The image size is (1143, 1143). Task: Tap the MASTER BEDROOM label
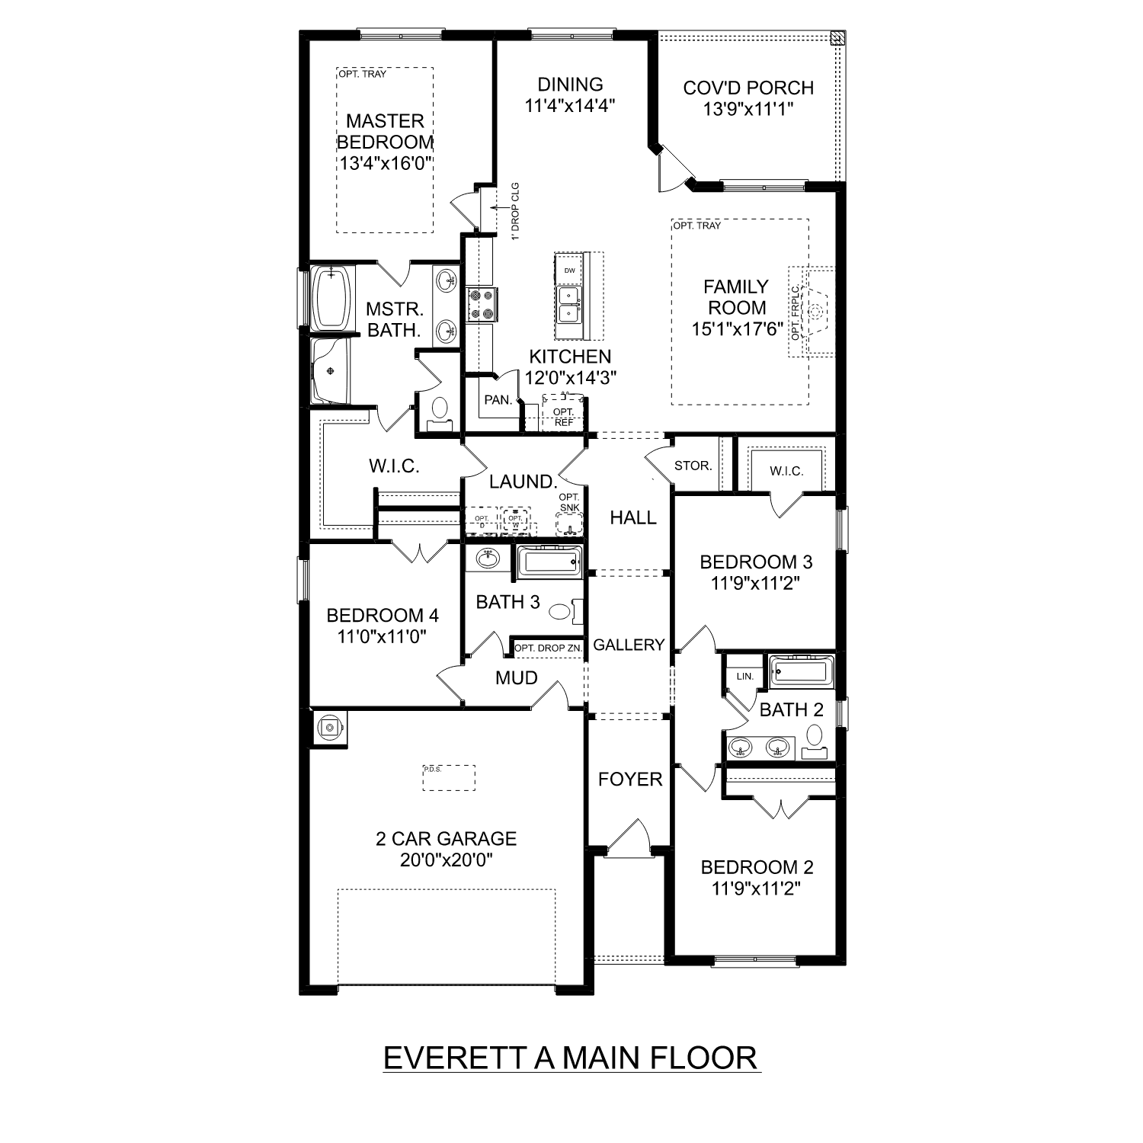(x=385, y=131)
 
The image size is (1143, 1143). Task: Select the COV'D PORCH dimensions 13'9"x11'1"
(x=748, y=109)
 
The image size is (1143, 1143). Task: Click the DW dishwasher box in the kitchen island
(x=568, y=271)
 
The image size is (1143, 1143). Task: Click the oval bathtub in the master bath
(x=331, y=298)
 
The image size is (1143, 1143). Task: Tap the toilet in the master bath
(x=439, y=411)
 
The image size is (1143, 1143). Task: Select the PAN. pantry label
(x=498, y=399)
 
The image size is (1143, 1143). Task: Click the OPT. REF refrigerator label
(x=564, y=417)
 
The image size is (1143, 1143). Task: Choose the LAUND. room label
(x=523, y=482)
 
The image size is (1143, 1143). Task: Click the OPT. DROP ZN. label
(x=548, y=648)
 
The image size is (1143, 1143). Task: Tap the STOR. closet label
(x=693, y=466)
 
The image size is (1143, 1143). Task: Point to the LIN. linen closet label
(x=744, y=676)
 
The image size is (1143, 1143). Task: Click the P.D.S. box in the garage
(x=449, y=778)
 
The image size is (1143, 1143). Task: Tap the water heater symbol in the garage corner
(x=330, y=728)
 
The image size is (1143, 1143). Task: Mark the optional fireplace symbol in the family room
(x=817, y=312)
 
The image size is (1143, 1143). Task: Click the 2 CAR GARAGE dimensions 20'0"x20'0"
(x=447, y=860)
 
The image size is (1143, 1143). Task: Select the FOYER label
(x=630, y=779)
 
